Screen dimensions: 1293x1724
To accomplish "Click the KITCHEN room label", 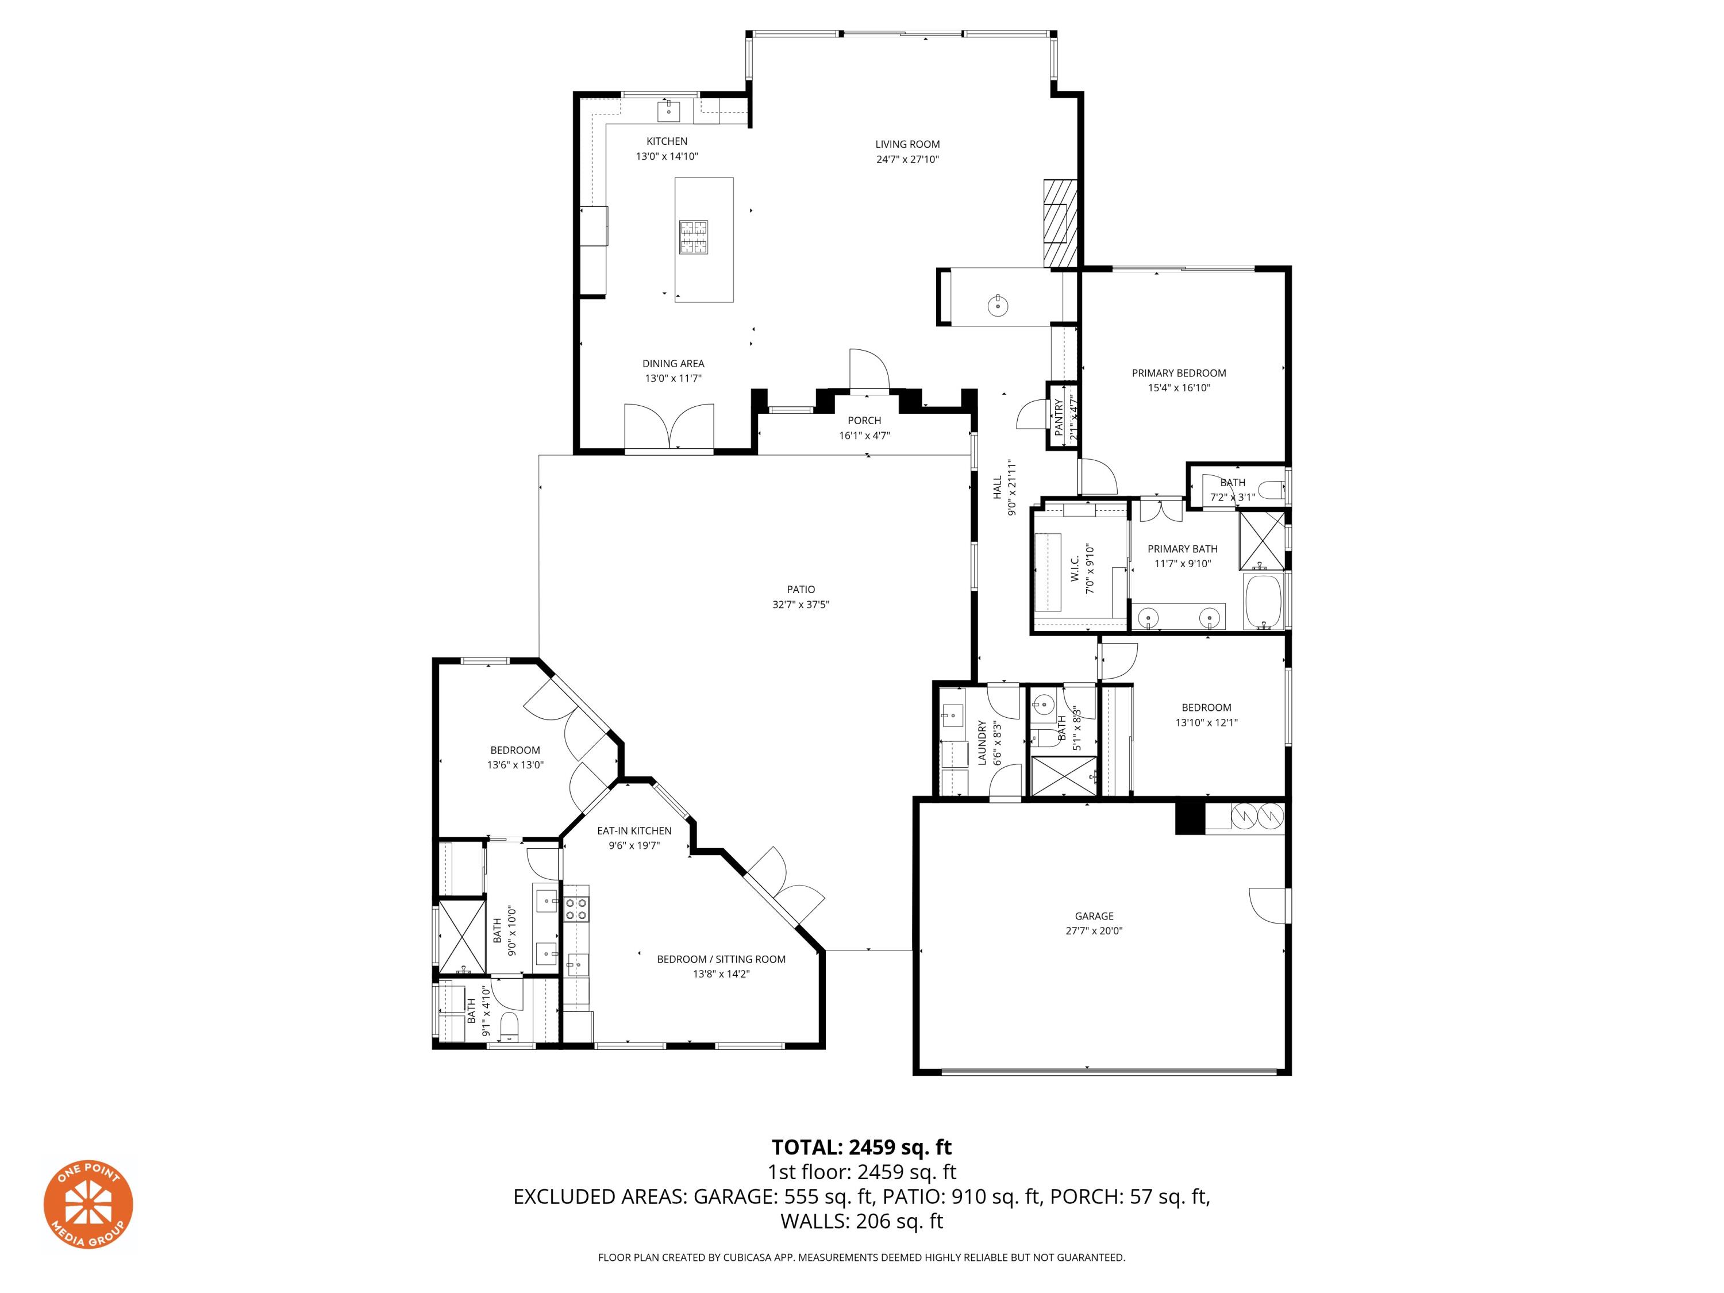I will tap(667, 141).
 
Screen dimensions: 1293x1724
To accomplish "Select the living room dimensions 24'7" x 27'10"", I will tap(907, 160).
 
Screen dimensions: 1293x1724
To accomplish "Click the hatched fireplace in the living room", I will tap(1060, 223).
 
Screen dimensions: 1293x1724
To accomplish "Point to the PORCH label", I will tap(864, 421).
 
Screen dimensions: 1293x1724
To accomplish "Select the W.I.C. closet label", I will tap(1075, 569).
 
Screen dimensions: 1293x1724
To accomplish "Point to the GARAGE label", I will tap(1094, 916).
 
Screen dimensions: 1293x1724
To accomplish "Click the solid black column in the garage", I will tap(1190, 819).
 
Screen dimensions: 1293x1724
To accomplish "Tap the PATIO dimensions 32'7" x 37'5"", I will tap(801, 605).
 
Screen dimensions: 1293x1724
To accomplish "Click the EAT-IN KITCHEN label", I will tap(634, 831).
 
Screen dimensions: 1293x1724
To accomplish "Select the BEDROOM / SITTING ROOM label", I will tap(721, 960).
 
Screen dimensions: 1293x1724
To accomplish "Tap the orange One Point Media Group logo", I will tap(88, 1204).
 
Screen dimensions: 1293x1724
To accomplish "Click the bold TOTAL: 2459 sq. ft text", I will tap(861, 1147).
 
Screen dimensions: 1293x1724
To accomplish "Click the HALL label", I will tap(997, 488).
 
